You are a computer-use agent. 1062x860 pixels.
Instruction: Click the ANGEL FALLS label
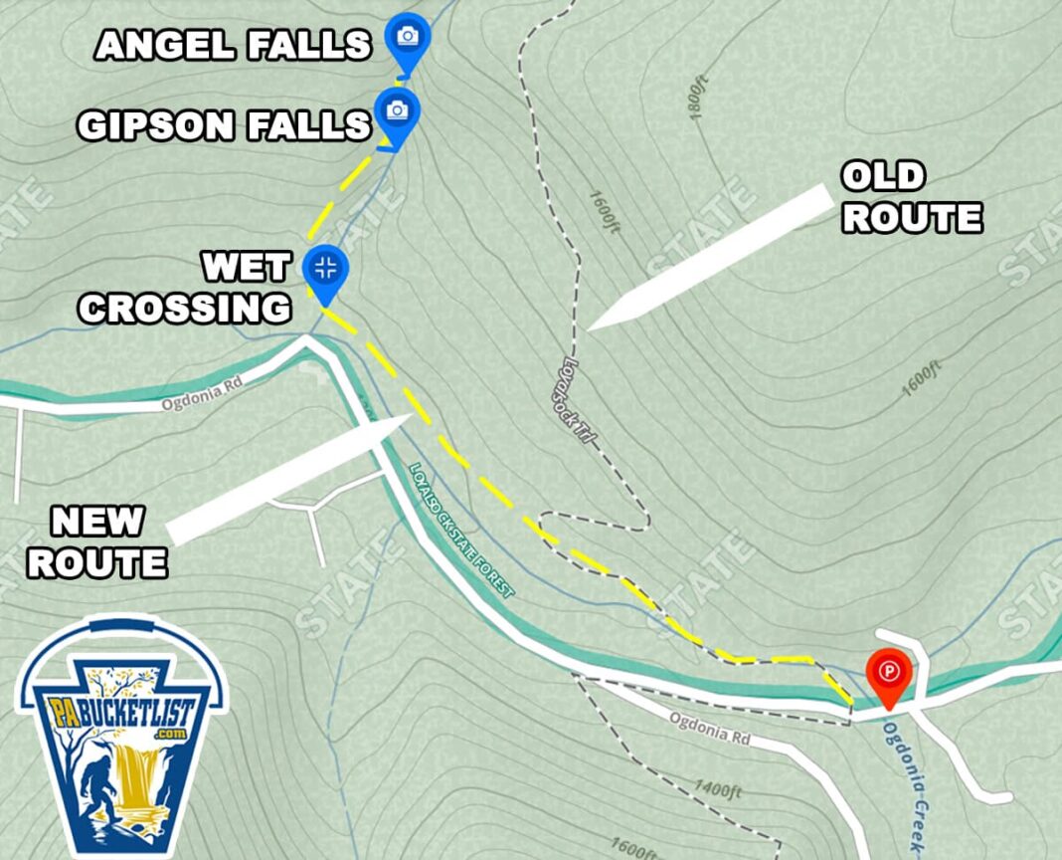(233, 45)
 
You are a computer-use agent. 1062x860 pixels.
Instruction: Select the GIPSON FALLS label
(224, 125)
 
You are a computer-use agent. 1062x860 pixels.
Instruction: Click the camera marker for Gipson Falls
(397, 110)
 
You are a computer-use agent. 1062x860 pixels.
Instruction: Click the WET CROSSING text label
(186, 289)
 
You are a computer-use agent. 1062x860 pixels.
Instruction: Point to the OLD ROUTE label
(912, 197)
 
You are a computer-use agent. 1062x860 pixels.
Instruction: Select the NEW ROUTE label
(97, 542)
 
